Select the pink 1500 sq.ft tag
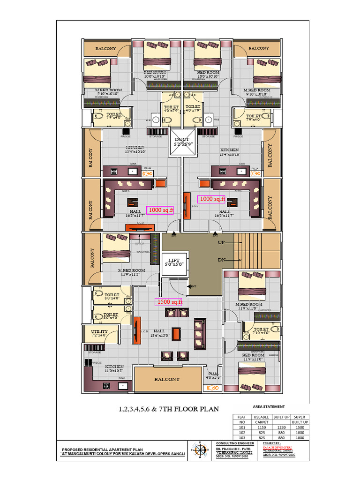pyautogui.click(x=169, y=302)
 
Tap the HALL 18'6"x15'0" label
pyautogui.click(x=159, y=333)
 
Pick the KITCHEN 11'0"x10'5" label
pyautogui.click(x=114, y=368)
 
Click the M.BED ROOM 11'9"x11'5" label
pyautogui.click(x=131, y=272)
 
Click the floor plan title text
pyautogui.click(x=168, y=409)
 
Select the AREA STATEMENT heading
pyautogui.click(x=269, y=406)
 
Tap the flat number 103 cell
pyautogui.click(x=241, y=438)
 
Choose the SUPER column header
pyautogui.click(x=299, y=417)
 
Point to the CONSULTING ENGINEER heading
pyautogui.click(x=235, y=443)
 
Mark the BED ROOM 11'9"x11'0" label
pyautogui.click(x=253, y=357)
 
